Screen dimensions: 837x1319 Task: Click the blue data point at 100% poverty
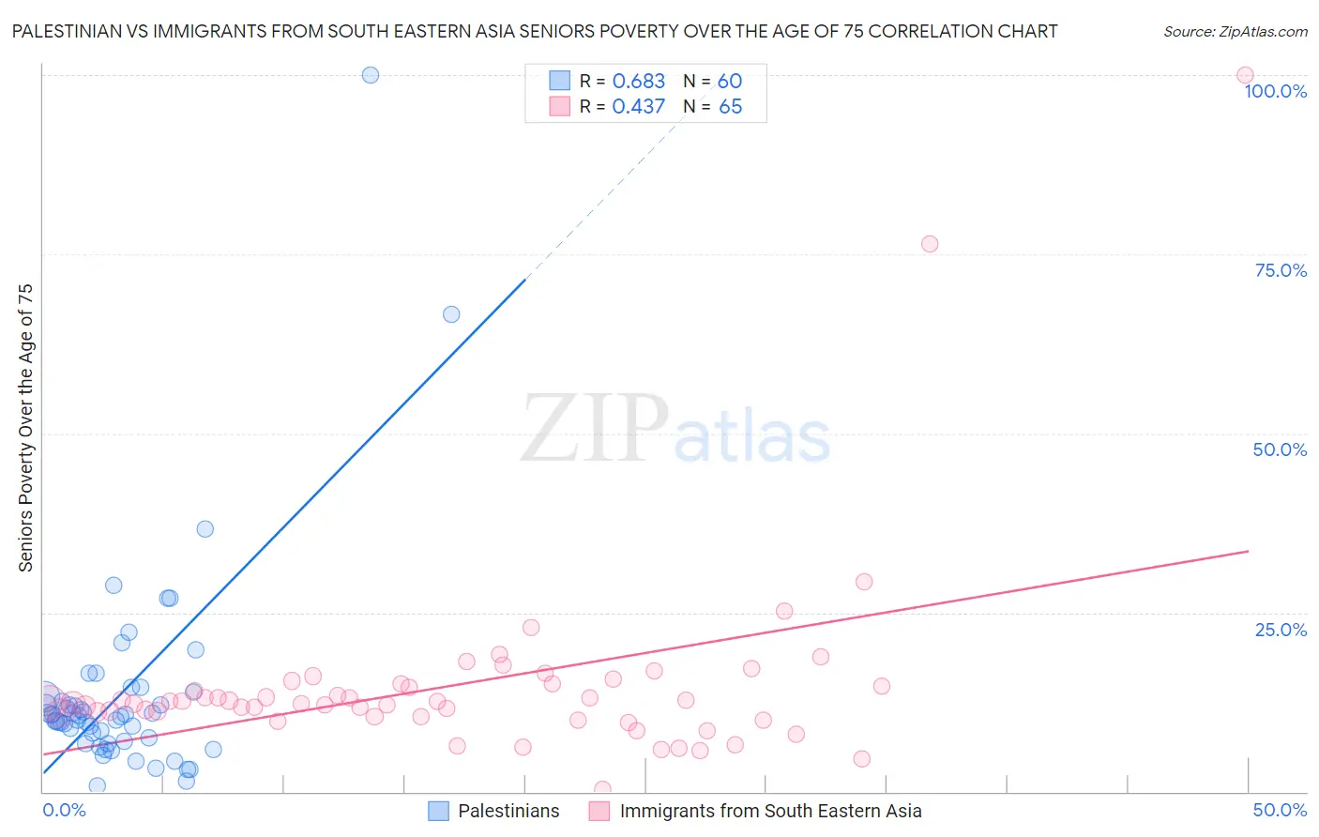click(371, 75)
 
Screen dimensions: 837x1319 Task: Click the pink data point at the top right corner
click(1245, 75)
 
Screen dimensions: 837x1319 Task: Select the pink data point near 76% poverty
click(930, 244)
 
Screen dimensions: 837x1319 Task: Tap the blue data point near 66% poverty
click(451, 314)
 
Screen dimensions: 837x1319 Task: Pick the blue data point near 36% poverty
click(205, 529)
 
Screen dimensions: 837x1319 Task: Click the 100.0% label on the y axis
click(1275, 92)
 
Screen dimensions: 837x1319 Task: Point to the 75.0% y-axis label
click(1281, 271)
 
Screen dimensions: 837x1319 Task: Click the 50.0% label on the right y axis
click(1280, 450)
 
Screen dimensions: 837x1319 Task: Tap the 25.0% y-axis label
click(1281, 630)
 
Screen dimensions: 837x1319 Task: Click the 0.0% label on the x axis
click(64, 811)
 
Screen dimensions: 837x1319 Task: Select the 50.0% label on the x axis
click(1280, 811)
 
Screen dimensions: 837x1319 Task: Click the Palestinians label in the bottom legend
click(508, 812)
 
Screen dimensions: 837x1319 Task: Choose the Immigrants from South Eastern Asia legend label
click(770, 812)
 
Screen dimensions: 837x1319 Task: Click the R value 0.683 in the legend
click(638, 82)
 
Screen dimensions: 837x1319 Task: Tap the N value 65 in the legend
click(730, 107)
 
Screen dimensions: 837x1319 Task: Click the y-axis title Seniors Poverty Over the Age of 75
click(26, 428)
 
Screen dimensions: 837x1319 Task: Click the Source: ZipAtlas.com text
click(1235, 32)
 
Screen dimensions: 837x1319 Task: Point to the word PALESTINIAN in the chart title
click(67, 32)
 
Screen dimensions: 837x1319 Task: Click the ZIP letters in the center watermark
click(595, 430)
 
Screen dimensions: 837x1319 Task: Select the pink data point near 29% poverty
click(864, 582)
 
